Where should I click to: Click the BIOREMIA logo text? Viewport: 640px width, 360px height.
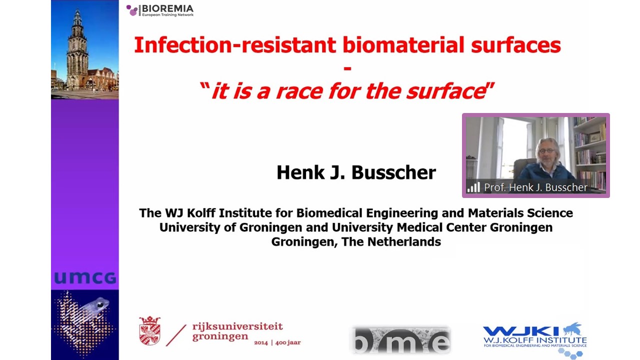coord(167,8)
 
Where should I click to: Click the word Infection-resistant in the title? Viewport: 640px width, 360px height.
coord(235,45)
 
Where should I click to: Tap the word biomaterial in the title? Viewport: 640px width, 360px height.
coord(403,45)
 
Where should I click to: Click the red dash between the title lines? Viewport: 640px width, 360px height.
coord(347,68)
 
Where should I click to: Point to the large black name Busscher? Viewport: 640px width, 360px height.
coord(393,172)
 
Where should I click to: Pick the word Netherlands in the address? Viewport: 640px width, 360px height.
coord(404,241)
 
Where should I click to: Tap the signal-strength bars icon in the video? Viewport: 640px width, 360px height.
coord(473,187)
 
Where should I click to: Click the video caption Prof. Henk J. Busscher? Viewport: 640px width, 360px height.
coord(535,187)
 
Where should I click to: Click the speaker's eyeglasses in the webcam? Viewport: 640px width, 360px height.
coord(546,150)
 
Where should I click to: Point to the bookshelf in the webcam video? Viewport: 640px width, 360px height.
coord(589,148)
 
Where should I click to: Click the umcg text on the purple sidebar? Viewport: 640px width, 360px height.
coord(85,277)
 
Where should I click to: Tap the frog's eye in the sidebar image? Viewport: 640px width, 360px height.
coord(100,305)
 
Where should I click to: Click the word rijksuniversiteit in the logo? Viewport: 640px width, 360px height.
coord(237,326)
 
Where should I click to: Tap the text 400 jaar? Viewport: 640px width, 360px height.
coord(288,342)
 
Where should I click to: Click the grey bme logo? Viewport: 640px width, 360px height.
coord(400,339)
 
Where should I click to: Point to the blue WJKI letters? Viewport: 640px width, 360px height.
coord(520,331)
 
